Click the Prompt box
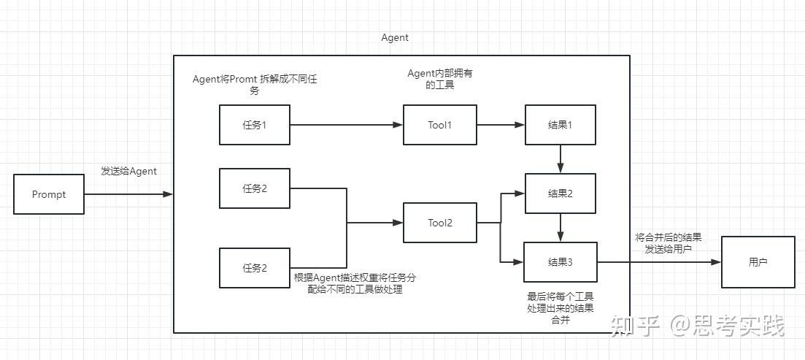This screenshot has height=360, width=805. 49,194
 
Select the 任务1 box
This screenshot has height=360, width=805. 255,125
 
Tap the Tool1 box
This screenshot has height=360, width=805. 440,125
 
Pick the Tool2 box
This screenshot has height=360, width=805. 440,223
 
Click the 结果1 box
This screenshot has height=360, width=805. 560,125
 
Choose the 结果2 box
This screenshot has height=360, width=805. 560,194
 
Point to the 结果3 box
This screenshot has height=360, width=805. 560,262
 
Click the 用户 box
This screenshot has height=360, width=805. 758,262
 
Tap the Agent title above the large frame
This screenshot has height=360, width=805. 395,38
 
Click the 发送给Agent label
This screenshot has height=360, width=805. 129,172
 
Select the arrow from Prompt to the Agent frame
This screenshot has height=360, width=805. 128,194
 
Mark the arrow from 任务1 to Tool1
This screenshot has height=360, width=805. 347,125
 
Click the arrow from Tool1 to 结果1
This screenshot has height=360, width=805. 501,125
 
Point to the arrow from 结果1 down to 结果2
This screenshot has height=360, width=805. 560,159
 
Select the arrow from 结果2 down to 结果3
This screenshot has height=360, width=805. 560,228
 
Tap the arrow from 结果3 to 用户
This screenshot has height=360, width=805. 659,262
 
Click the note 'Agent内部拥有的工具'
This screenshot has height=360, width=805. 440,79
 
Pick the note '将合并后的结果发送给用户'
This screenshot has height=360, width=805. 669,244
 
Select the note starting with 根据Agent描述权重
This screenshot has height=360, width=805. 355,283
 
